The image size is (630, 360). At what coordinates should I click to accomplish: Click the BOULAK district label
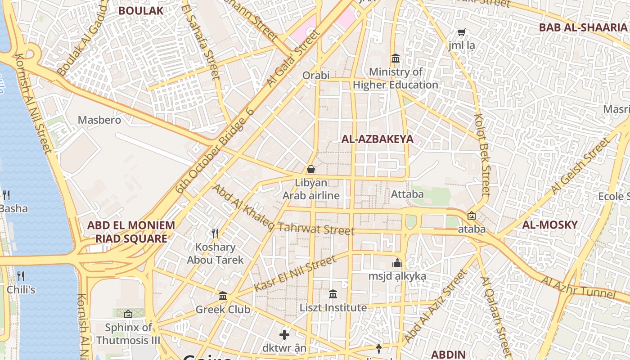(x=140, y=11)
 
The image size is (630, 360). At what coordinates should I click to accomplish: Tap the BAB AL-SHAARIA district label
(x=583, y=27)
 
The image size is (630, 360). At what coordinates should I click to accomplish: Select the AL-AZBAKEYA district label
(x=377, y=139)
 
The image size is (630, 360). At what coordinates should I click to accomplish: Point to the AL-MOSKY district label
(x=549, y=225)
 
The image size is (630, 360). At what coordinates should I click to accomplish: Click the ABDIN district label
(x=448, y=354)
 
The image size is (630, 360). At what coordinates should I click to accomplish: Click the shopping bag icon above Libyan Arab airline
(x=310, y=170)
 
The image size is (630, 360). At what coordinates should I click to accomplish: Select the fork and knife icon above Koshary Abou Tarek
(x=215, y=234)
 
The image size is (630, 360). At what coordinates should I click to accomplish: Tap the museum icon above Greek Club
(x=223, y=296)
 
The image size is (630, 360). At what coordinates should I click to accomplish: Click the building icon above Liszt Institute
(x=333, y=294)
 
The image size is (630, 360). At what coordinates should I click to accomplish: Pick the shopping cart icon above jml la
(x=461, y=32)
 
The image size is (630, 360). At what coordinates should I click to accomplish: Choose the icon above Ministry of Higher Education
(x=396, y=58)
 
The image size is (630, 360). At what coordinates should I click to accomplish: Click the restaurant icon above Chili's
(x=20, y=276)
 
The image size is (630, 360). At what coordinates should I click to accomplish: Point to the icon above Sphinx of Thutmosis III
(x=128, y=314)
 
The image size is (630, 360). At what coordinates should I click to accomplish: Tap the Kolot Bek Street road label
(x=482, y=154)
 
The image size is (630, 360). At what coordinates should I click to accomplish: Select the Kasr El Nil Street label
(x=295, y=274)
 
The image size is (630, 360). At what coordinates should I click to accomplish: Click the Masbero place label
(x=99, y=120)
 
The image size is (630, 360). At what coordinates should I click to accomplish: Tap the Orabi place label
(x=316, y=75)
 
